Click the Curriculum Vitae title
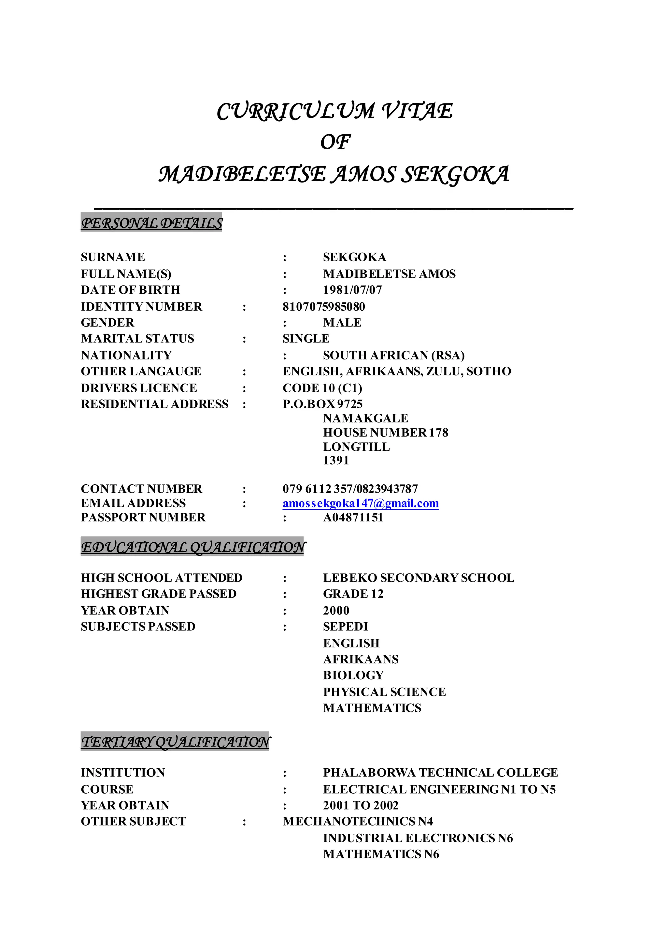[x=334, y=111]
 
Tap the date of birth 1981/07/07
[x=352, y=290]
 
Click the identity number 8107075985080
[x=324, y=306]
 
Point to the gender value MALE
[x=342, y=322]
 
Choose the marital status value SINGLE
[x=305, y=339]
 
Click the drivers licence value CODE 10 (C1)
[x=322, y=388]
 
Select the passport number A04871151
[x=353, y=518]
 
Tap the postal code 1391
[x=335, y=460]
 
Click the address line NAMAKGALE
[x=365, y=418]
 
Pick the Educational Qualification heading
[x=192, y=547]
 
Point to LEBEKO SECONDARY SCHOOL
[x=418, y=578]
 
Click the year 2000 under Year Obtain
[x=336, y=611]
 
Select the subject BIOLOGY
[x=353, y=675]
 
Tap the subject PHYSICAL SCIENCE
[x=384, y=692]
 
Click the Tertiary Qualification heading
[x=175, y=742]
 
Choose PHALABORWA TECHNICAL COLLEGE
[x=440, y=773]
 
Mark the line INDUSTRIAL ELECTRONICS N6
[x=418, y=838]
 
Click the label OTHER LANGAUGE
[x=141, y=371]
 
